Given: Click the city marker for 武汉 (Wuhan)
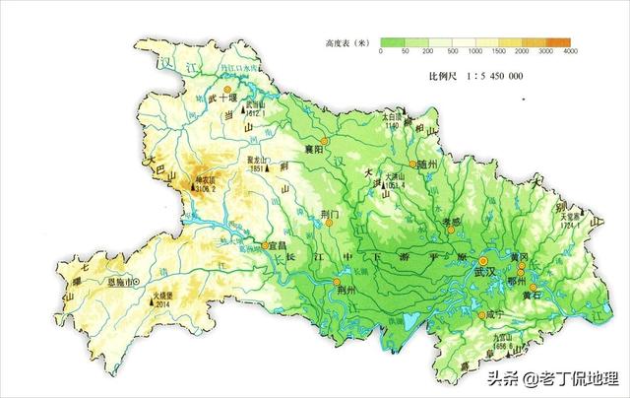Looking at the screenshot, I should (456, 262).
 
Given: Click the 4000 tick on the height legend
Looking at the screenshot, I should (571, 51).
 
